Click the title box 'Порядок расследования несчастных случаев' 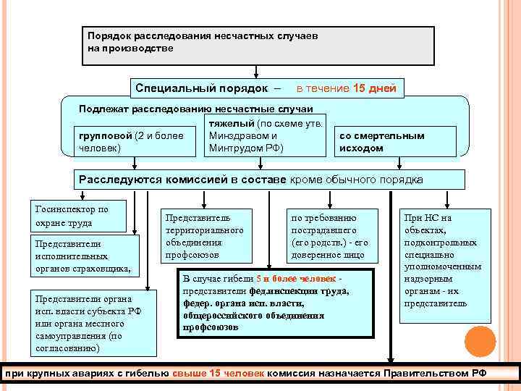point(258,46)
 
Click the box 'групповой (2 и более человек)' point(136,142)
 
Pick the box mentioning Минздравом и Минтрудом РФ point(263,135)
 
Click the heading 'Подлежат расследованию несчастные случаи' point(196,109)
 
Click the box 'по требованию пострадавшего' point(332,236)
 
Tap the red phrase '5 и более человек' point(296,279)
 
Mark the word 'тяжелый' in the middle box point(226,124)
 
